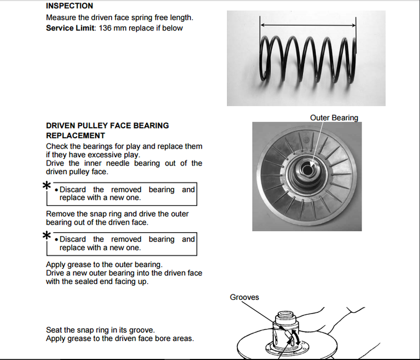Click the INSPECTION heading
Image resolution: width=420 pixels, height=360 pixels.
coord(69,6)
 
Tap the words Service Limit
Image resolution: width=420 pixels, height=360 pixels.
coord(70,28)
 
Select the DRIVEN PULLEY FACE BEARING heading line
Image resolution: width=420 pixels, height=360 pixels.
coord(107,126)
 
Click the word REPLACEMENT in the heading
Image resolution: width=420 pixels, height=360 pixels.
coord(75,135)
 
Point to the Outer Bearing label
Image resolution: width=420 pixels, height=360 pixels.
coord(334,117)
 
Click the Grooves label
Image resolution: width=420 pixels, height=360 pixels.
coord(244,297)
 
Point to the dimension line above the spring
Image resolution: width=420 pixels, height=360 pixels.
coord(308,25)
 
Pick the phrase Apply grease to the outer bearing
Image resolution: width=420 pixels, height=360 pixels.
coord(104,265)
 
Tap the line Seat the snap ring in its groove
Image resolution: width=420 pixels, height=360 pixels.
coord(100,330)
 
